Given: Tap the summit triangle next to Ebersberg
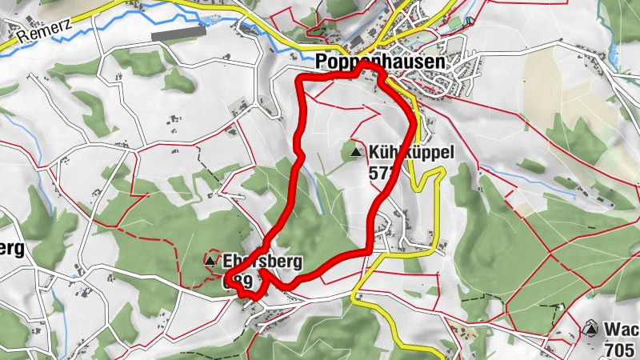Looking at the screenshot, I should [x=211, y=261].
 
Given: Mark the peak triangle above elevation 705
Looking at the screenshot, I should [x=590, y=329].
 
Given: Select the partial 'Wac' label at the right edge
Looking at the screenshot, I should [x=622, y=329].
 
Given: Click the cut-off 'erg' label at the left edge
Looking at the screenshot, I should [x=12, y=248].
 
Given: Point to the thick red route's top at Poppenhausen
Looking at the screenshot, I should [x=352, y=75].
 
